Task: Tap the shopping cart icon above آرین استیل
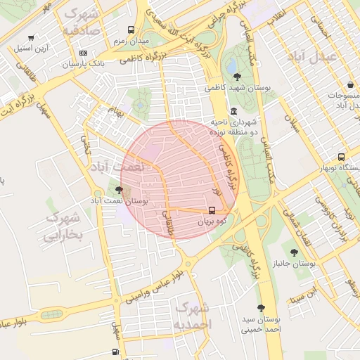(x=30, y=38)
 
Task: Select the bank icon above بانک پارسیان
(x=84, y=53)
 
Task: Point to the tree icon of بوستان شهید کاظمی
(x=236, y=77)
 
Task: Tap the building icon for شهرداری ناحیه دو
(x=233, y=112)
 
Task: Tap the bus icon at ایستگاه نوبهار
(x=341, y=157)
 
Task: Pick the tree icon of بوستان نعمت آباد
(x=119, y=189)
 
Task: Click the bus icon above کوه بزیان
(x=212, y=210)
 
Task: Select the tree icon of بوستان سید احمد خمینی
(x=261, y=308)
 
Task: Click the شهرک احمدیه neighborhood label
(x=191, y=316)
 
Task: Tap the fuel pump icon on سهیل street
(x=115, y=352)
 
